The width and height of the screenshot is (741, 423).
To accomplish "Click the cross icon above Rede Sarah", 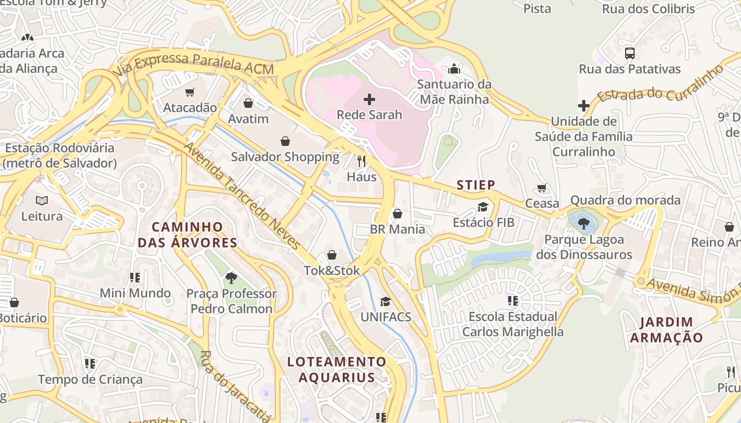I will point(369,99).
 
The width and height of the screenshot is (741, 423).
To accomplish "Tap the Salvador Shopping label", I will point(285,157).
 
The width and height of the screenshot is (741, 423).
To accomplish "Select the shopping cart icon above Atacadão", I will point(190,92).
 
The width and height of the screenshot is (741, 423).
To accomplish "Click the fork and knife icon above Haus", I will point(362,161).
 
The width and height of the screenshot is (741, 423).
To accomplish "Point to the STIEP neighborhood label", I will point(476,185).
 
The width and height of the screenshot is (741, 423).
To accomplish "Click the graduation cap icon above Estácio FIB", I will point(483,207).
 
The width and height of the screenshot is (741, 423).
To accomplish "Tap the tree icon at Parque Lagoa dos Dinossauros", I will point(584,224).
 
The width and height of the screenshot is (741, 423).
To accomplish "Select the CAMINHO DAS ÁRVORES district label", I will point(187,235).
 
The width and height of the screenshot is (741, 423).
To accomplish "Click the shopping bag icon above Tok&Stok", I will point(332,255).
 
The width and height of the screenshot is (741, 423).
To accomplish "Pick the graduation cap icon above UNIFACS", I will point(385,301).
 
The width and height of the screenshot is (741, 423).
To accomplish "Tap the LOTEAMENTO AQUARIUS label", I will point(337,370).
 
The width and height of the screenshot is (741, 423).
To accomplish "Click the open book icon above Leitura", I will point(42,200).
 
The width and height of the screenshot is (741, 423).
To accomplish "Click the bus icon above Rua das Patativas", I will point(629,53).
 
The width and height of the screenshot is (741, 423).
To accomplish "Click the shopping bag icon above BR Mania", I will point(397,214).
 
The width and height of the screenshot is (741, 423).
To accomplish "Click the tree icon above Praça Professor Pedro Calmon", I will point(231,278).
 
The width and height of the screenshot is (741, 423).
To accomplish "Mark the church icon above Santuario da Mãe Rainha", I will point(454,69).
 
